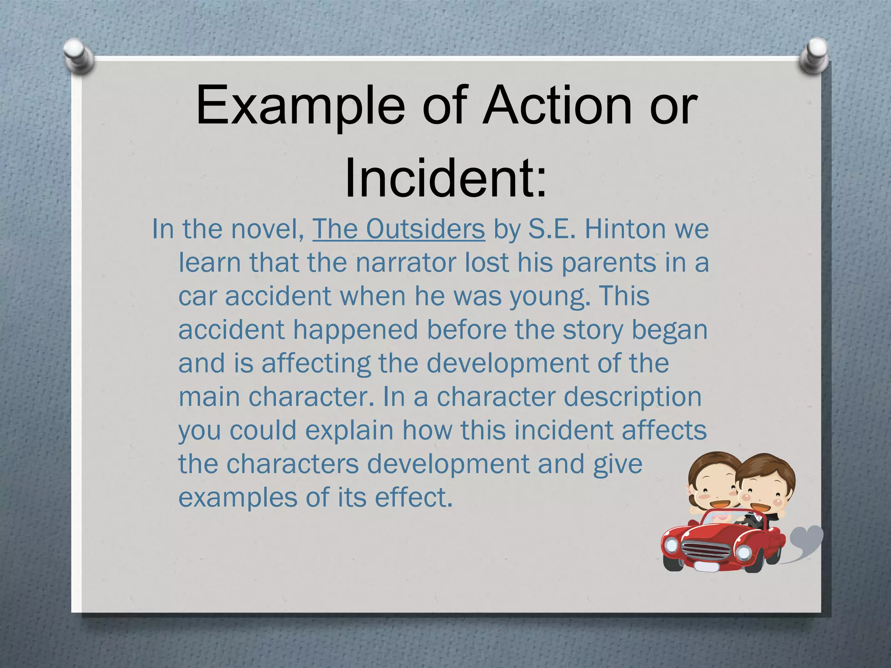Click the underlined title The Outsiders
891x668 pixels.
[x=398, y=229]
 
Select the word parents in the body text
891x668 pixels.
[x=608, y=263]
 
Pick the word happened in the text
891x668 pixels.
[x=355, y=330]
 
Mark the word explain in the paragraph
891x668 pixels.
[x=349, y=430]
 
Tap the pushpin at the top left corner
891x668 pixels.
[x=79, y=55]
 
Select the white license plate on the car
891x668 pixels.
[x=707, y=566]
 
